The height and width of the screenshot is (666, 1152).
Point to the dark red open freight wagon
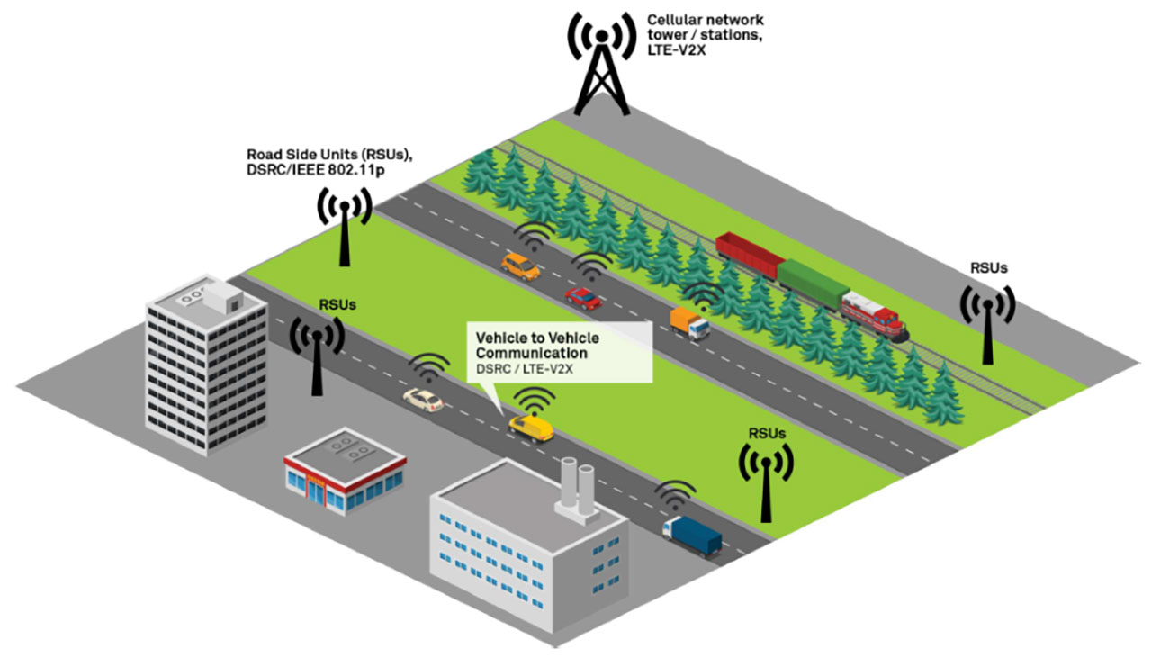pyautogui.click(x=751, y=254)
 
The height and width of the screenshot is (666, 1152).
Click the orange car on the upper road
pyautogui.click(x=521, y=266)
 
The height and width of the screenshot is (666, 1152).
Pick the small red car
pyautogui.click(x=582, y=296)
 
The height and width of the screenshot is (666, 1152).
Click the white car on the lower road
pyautogui.click(x=423, y=400)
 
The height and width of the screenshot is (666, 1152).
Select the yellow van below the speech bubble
pyautogui.click(x=531, y=427)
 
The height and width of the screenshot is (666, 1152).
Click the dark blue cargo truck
pyautogui.click(x=692, y=535)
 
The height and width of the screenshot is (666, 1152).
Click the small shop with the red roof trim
pyautogui.click(x=345, y=477)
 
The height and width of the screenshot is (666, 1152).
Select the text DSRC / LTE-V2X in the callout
pyautogui.click(x=524, y=369)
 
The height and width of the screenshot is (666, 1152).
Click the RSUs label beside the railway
pyautogui.click(x=989, y=267)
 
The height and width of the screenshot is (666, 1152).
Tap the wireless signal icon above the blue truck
pyautogui.click(x=675, y=495)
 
